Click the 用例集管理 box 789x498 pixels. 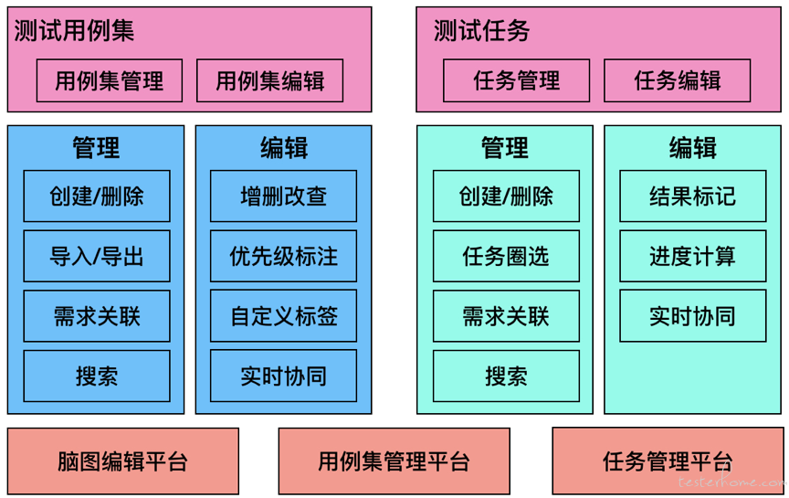[110, 80]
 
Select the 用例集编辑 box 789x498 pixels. [269, 80]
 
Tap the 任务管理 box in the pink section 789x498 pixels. [516, 80]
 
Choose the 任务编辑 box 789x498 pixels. [678, 80]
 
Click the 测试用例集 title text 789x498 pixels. [74, 31]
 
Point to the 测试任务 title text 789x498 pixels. [481, 31]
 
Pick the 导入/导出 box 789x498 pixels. [97, 256]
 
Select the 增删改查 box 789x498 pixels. [283, 196]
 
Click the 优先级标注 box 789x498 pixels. [283, 256]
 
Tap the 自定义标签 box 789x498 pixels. [283, 316]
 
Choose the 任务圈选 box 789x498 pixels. [506, 256]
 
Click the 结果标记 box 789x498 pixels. [693, 196]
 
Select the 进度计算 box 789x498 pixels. [693, 256]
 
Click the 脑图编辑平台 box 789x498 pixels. [122, 461]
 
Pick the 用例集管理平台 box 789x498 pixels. [394, 461]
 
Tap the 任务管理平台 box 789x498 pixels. [668, 461]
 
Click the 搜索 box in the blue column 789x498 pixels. [97, 376]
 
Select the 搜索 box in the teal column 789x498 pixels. [506, 376]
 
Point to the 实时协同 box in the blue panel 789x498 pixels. [283, 376]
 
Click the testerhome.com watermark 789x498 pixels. [731, 481]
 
